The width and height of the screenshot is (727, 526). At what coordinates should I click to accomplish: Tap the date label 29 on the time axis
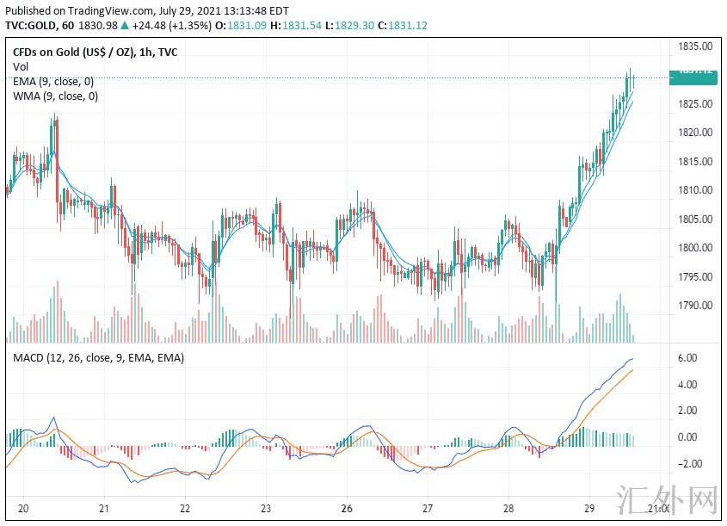click(589, 508)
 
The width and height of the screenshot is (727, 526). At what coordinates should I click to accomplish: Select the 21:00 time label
click(658, 508)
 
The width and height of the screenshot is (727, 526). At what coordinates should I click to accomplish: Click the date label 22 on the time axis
click(185, 508)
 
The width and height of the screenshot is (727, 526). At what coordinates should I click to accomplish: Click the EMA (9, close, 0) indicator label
click(53, 82)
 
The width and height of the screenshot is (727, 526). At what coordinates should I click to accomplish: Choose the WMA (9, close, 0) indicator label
click(55, 96)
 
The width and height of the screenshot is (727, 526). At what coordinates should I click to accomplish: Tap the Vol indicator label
click(21, 67)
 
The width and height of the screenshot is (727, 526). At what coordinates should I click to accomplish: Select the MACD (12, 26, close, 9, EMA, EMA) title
click(98, 357)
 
